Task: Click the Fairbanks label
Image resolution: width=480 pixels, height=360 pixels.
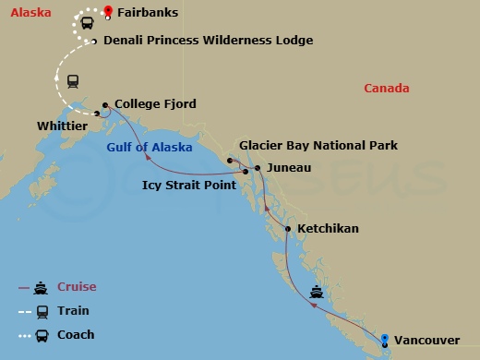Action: point(147,13)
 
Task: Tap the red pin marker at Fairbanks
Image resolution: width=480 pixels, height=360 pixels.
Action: point(109,11)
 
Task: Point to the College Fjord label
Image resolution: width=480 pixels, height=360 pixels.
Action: point(156,104)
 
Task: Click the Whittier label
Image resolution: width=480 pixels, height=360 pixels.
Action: point(62,125)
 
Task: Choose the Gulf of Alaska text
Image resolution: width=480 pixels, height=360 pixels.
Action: point(149,147)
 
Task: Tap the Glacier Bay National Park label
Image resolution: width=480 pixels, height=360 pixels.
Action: point(318,145)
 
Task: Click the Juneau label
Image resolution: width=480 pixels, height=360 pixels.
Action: point(288,167)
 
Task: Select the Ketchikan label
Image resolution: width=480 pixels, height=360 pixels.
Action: point(329,228)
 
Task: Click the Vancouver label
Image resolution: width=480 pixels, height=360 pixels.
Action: point(426,341)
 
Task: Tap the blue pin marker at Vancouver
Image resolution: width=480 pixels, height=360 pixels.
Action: point(385,338)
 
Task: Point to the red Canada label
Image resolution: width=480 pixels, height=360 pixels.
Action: point(386,88)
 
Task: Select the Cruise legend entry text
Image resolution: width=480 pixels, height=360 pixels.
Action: point(77,286)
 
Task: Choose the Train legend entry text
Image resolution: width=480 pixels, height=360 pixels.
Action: point(73,311)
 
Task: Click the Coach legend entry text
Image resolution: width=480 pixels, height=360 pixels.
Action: point(76,335)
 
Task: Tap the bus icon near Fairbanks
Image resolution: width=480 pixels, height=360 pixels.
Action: point(86,23)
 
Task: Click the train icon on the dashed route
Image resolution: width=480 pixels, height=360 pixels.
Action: point(73,79)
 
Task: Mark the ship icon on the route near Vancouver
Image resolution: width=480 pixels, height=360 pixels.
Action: point(317,293)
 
